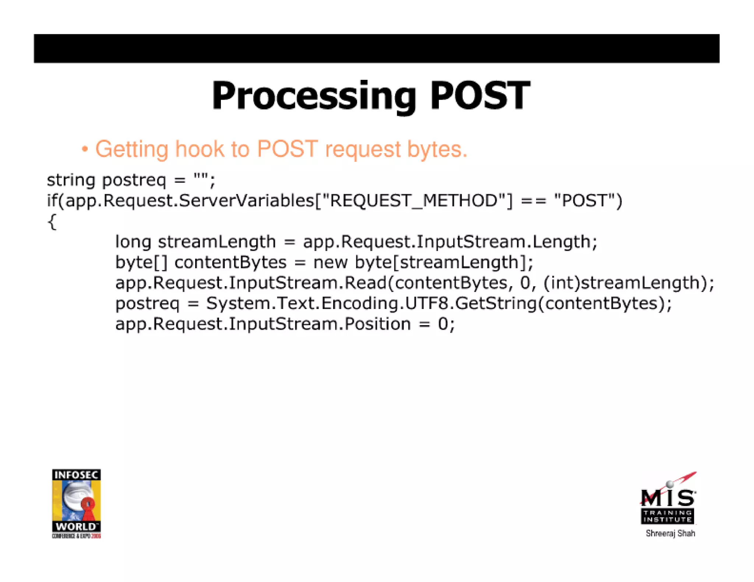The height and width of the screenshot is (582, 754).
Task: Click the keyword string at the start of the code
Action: click(71, 181)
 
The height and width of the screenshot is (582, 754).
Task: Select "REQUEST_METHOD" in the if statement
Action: click(414, 201)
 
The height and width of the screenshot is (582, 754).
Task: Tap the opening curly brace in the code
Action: click(52, 222)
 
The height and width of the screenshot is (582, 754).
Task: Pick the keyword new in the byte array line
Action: click(330, 263)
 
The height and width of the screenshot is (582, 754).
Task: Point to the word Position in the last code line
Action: click(377, 324)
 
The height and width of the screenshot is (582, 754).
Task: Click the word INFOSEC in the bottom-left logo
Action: click(76, 475)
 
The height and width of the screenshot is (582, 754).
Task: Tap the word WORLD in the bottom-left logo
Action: click(75, 526)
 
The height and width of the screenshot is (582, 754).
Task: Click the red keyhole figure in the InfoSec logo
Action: click(88, 507)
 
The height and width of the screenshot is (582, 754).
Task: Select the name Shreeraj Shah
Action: click(670, 533)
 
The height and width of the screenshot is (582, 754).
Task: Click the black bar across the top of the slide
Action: click(376, 49)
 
